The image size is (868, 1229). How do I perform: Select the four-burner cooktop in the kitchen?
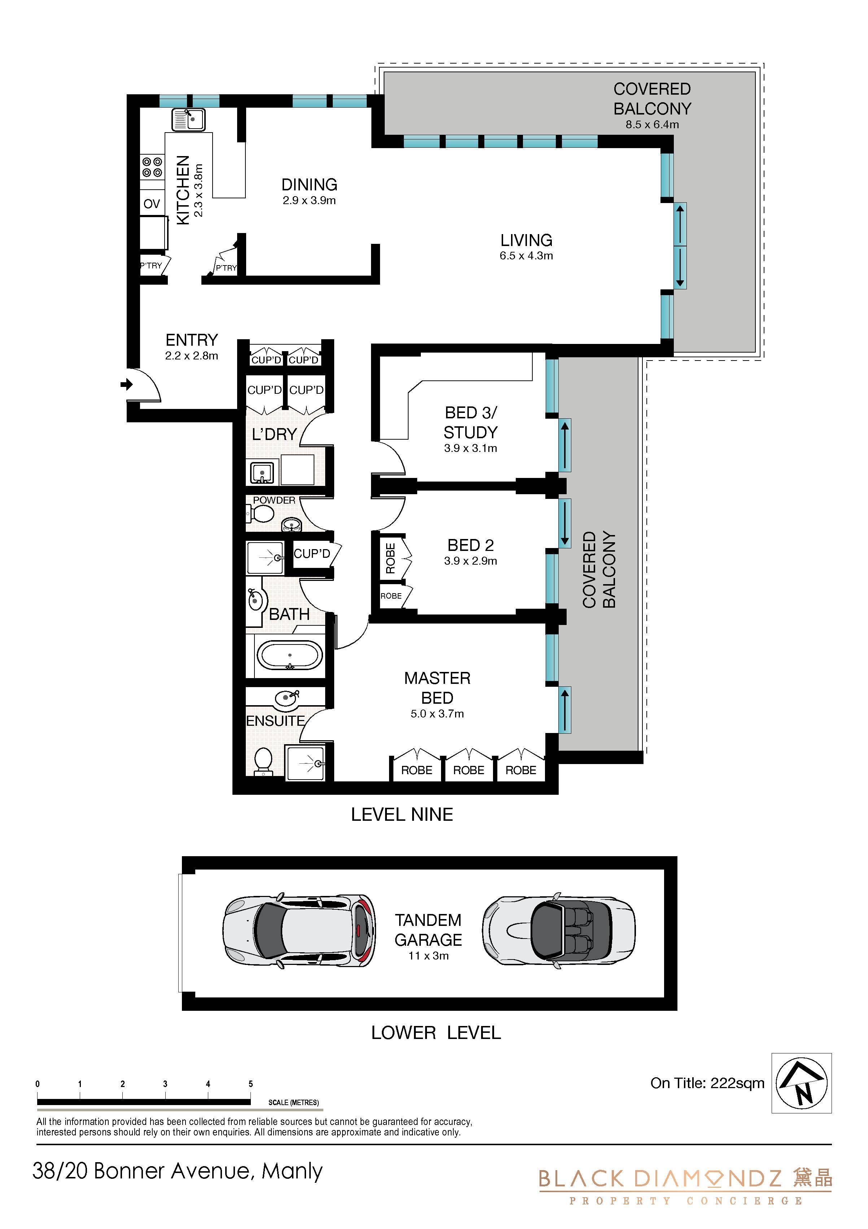152,167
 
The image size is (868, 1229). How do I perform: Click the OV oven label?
152,204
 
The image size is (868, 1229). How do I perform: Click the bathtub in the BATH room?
290,655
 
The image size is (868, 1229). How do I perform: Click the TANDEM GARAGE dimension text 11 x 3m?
428,956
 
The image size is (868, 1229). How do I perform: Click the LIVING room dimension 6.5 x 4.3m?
526,256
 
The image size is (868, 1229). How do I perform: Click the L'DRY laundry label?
274,434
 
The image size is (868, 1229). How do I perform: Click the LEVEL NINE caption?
402,815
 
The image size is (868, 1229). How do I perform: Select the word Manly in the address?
292,1172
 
